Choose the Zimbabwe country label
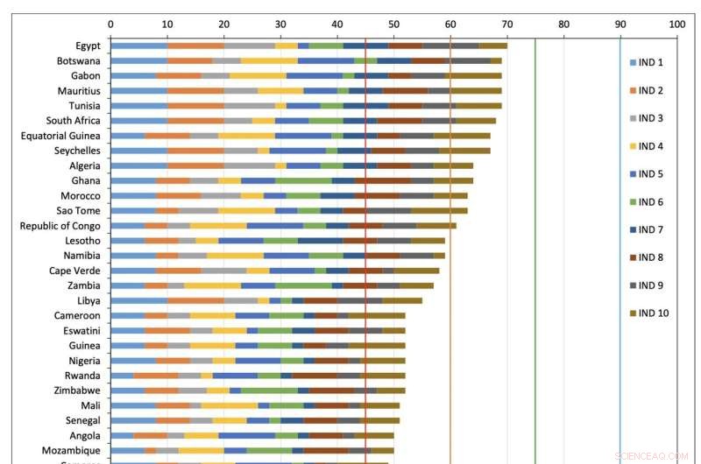point(76,390)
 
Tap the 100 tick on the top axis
point(676,25)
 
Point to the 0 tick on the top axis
point(110,25)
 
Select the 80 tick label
point(563,25)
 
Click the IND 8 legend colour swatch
point(632,257)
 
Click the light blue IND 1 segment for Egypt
point(138,46)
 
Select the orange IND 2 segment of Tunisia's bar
point(195,106)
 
